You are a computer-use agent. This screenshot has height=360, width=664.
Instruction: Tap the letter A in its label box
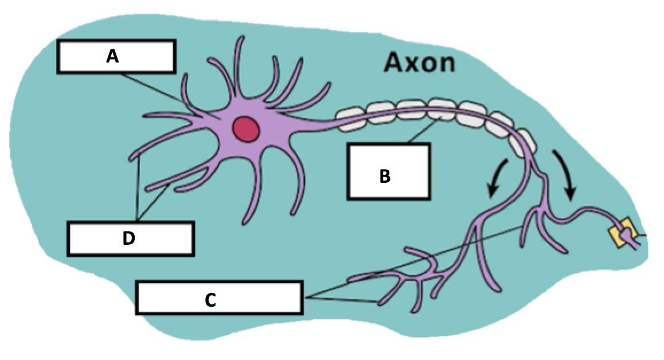pos(112,56)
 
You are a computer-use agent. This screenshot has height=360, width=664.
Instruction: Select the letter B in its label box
pos(385,176)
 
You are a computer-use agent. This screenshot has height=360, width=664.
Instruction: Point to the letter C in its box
pos(210,299)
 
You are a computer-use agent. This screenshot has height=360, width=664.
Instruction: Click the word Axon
pos(419,62)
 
